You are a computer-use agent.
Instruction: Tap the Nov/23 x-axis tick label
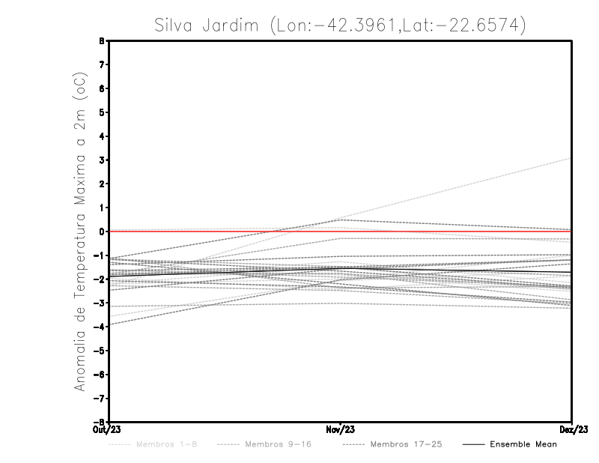tap(340, 430)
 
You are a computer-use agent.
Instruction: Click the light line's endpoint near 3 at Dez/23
tap(571, 158)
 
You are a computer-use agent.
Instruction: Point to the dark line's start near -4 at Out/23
tap(109, 324)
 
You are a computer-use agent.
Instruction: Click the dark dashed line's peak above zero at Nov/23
tap(341, 220)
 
